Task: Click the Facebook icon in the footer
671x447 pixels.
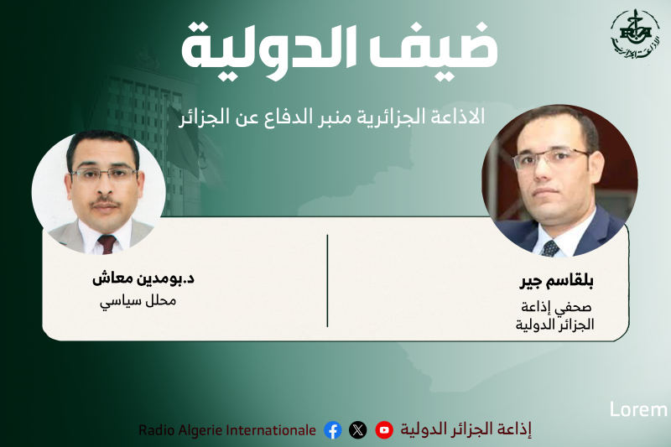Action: [x=333, y=430]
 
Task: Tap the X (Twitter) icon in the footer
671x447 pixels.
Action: [x=358, y=430]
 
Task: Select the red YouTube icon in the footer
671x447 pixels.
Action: [x=384, y=430]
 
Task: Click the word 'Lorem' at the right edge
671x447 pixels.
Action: [x=637, y=410]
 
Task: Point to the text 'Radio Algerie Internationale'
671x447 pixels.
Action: [x=227, y=430]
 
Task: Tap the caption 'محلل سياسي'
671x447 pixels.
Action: [x=138, y=300]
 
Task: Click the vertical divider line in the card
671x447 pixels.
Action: [x=327, y=281]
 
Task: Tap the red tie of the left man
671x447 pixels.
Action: [x=107, y=244]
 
